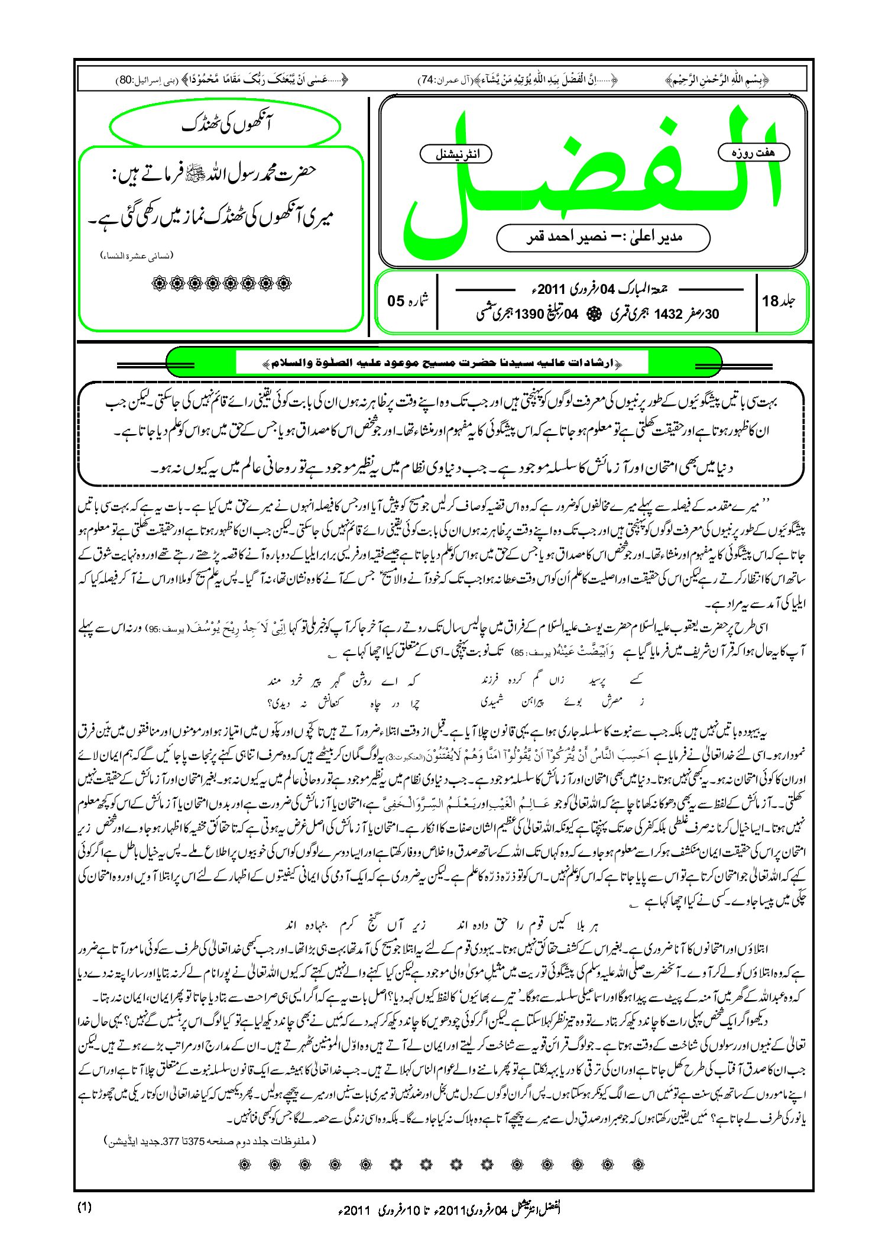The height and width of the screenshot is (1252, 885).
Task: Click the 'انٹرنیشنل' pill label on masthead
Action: pyautogui.click(x=455, y=154)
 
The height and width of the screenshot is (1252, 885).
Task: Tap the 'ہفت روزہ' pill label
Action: pyautogui.click(x=753, y=153)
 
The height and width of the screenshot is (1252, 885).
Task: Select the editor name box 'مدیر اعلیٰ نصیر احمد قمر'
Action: pyautogui.click(x=603, y=237)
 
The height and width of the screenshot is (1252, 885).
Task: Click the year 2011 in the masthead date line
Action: pyautogui.click(x=552, y=290)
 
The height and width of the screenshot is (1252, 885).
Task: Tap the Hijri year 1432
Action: pyautogui.click(x=668, y=315)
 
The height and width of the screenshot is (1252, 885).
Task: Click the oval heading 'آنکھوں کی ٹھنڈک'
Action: pyautogui.click(x=225, y=125)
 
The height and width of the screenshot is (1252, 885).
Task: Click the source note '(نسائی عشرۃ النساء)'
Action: pyautogui.click(x=137, y=255)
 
